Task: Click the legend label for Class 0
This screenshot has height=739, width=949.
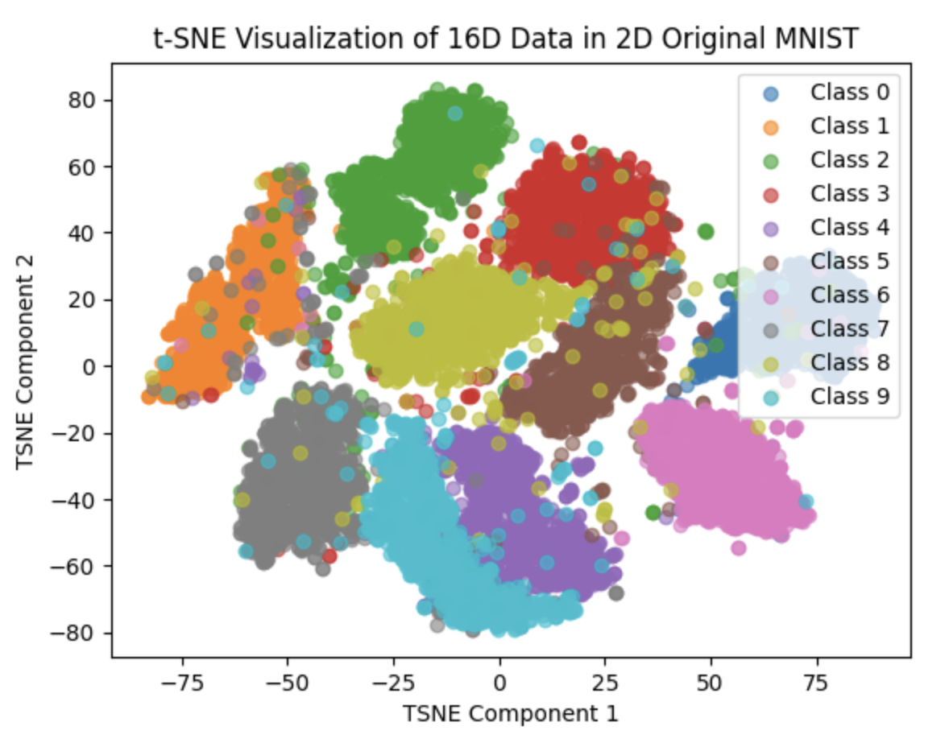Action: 849,93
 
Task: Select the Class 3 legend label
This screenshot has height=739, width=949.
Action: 849,194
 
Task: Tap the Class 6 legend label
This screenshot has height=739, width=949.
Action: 849,295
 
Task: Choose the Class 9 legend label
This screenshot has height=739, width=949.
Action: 849,396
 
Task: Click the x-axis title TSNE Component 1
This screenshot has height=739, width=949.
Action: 511,713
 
